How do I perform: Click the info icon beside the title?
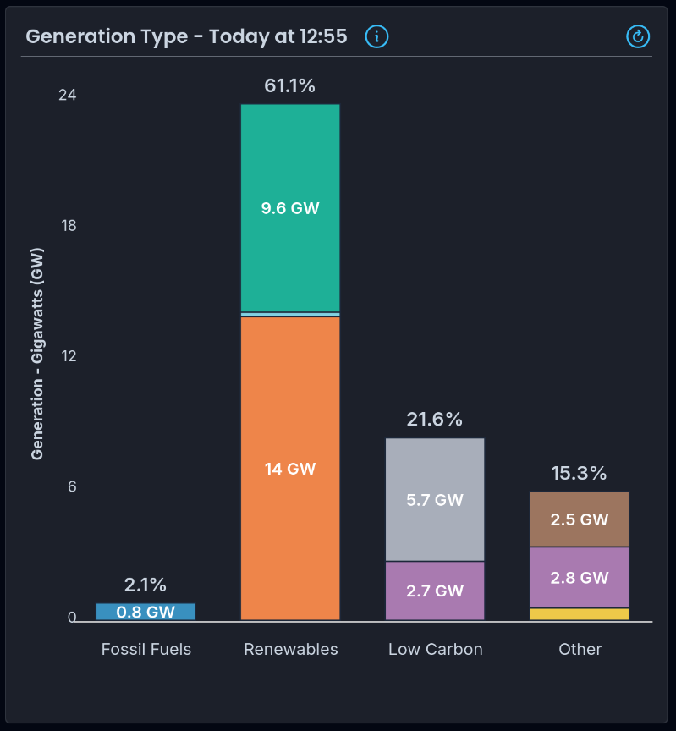click(376, 36)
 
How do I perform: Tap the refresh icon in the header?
click(638, 36)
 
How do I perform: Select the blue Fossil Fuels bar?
click(146, 612)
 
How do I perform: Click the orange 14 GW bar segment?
click(290, 468)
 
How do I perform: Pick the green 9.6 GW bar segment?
click(290, 207)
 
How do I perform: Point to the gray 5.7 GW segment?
click(435, 499)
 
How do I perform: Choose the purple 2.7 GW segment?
click(435, 591)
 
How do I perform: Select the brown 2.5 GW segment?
click(580, 519)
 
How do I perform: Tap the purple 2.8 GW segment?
click(580, 578)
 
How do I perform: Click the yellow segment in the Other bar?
click(580, 614)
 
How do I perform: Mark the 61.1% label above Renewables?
click(289, 85)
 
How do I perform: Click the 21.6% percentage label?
click(435, 419)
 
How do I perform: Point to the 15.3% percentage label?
click(580, 473)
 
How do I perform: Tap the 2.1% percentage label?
click(146, 585)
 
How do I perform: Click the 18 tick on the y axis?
click(67, 226)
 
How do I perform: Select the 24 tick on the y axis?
click(67, 96)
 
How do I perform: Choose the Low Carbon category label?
click(436, 650)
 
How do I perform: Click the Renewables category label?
click(291, 650)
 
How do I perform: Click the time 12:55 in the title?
click(323, 36)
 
